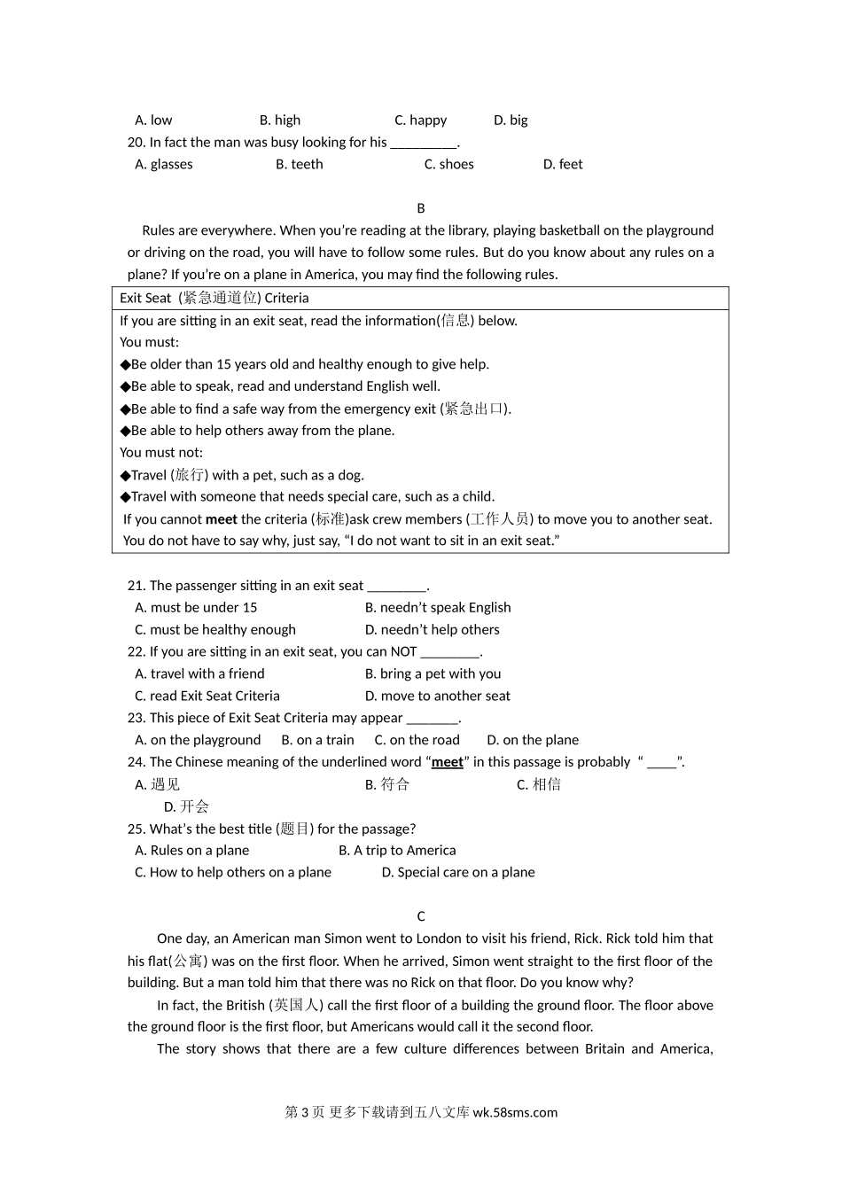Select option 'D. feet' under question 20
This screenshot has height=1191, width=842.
563,164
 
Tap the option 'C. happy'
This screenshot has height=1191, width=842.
421,120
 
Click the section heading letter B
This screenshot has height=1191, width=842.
421,208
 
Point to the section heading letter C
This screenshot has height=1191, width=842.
421,916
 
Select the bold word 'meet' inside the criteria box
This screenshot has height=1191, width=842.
221,519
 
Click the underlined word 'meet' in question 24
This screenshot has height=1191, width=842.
448,762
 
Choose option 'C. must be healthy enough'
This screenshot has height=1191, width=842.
215,629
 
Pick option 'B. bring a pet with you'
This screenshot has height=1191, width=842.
433,673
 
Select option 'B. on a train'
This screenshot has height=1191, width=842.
317,740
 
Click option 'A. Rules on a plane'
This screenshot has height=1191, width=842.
192,850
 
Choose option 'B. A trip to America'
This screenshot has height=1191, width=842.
397,850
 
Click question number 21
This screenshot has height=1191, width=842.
136,585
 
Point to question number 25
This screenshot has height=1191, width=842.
136,829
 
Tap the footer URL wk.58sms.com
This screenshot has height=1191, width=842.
516,1112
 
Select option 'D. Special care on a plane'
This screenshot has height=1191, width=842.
458,872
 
